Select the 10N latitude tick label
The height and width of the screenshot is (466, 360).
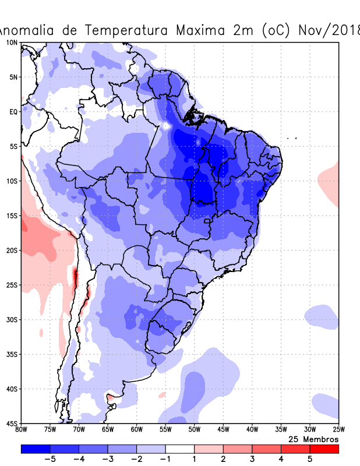coord(12,43)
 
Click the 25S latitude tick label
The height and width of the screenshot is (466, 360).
coord(12,285)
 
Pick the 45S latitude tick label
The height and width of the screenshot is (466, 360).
coord(12,423)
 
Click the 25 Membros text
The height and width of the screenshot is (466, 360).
coord(313,439)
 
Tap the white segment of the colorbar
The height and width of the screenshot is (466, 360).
coord(180,449)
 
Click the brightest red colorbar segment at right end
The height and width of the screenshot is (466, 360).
coord(324,449)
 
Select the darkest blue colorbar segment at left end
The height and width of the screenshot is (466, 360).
coord(36,449)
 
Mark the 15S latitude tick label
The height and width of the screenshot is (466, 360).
coord(12,216)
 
